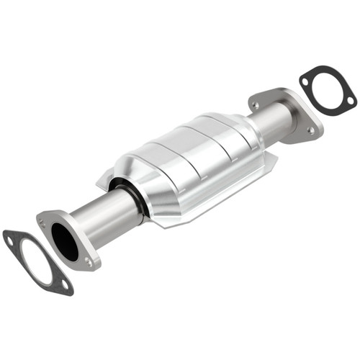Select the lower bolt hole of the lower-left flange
tap(89, 263)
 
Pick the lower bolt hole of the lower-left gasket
tap(65, 285)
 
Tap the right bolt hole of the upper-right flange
tap(310, 130)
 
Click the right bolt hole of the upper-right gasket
tap(351, 100)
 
